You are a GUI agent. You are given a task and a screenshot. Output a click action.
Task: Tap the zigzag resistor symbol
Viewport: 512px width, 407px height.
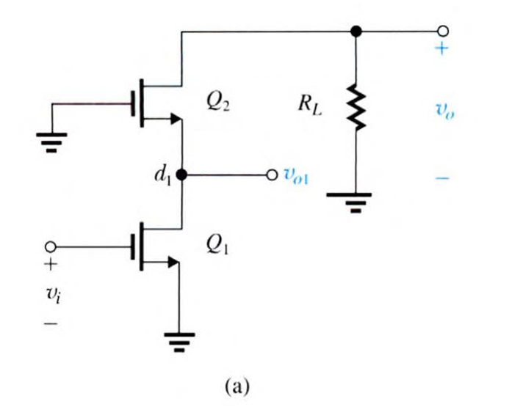356,108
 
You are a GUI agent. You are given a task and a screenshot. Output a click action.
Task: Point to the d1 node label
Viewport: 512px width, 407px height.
161,176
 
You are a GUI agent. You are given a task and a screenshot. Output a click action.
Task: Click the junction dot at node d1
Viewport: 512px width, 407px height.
181,175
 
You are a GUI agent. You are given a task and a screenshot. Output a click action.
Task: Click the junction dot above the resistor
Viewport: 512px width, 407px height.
356,32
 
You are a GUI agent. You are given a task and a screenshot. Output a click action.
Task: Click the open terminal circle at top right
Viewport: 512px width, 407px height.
443,32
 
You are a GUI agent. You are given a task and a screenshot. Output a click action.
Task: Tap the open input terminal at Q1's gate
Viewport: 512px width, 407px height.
51,247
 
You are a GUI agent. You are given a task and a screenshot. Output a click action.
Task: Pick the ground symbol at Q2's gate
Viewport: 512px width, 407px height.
51,139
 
